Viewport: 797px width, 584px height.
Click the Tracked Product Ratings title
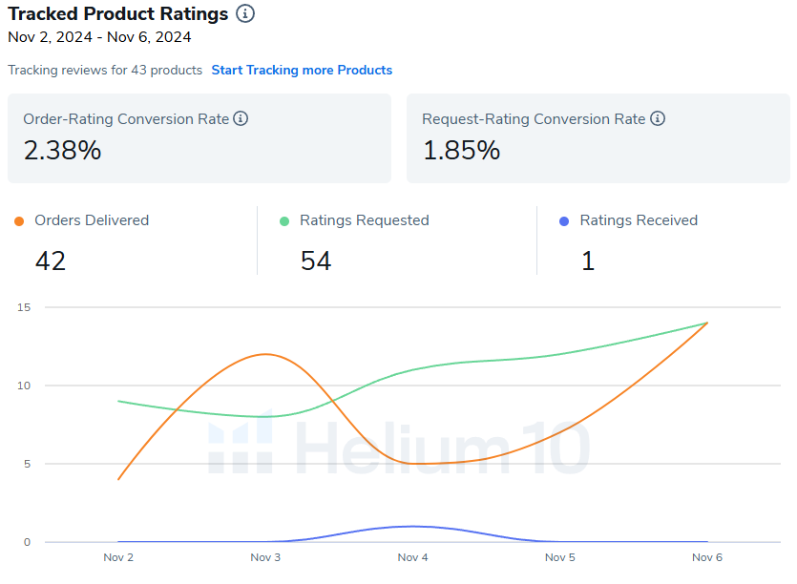118,13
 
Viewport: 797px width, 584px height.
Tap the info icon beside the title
245,13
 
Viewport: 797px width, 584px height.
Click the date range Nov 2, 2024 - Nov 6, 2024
99,37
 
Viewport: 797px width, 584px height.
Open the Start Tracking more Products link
302,70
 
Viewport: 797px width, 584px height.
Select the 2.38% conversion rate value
62,150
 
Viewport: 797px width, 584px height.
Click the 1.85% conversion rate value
461,150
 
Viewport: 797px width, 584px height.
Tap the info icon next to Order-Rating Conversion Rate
241,119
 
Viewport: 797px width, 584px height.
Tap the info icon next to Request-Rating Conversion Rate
658,119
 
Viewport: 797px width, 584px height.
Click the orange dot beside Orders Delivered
19,221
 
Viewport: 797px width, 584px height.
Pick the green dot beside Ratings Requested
284,221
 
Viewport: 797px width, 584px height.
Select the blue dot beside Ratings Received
564,221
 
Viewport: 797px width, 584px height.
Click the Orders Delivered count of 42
51,261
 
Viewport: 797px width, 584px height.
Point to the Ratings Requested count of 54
316,261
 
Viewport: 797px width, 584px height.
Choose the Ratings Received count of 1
588,261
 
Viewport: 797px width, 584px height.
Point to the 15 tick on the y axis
24,307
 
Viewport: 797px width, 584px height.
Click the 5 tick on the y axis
27,464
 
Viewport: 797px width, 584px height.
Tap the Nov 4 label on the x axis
412,556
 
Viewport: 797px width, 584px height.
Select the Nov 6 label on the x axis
707,556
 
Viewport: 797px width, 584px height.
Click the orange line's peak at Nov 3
265,354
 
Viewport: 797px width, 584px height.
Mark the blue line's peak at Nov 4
412,526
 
